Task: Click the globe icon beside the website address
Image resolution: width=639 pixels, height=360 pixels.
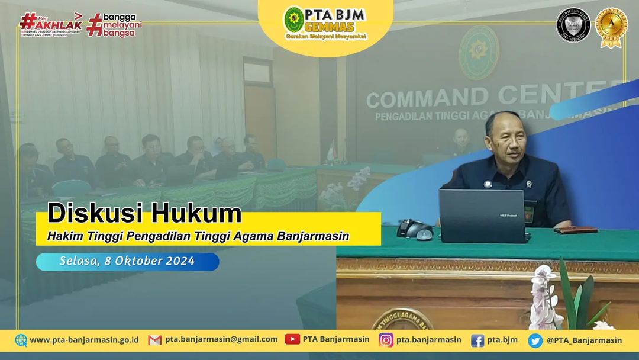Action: (x=21, y=340)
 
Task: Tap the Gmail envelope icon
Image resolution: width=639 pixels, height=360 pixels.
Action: (x=155, y=340)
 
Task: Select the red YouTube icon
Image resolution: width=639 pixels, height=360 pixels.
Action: (x=292, y=339)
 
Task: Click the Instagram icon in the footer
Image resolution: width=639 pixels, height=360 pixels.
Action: (x=386, y=340)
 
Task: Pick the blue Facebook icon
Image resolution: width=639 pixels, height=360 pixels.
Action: (x=477, y=340)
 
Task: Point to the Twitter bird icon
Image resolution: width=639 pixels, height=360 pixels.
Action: (x=535, y=340)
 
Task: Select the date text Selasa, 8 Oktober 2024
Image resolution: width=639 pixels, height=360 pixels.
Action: (x=127, y=261)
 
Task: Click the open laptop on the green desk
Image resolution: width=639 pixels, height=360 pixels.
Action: (x=482, y=217)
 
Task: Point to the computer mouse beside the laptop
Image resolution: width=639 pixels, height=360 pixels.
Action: (x=424, y=234)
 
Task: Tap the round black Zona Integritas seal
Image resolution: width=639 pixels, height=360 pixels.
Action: (x=573, y=26)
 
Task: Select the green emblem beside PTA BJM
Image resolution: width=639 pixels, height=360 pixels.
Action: (x=294, y=20)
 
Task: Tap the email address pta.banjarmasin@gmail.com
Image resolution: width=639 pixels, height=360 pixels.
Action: (x=221, y=339)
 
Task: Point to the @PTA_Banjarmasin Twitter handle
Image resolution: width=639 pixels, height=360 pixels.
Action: (x=584, y=340)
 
